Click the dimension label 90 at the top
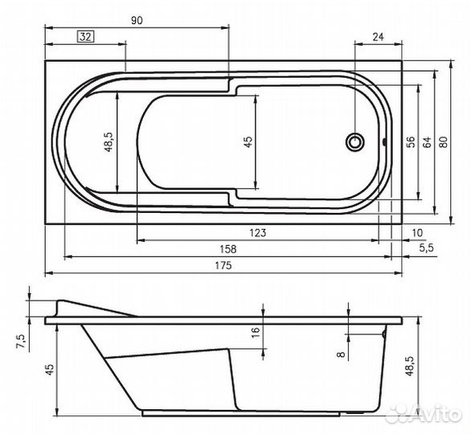click(136, 21)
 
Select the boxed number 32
click(85, 36)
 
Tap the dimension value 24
click(378, 36)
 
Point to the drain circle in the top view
click(354, 143)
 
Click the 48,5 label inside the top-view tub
click(107, 141)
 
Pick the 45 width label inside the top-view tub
click(248, 141)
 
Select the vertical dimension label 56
click(410, 141)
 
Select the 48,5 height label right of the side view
click(411, 366)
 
